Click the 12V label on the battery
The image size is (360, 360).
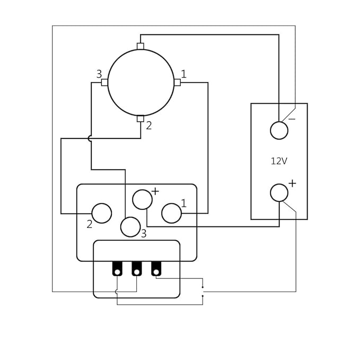279,161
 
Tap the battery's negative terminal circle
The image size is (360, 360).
279,130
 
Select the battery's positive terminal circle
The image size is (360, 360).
279,193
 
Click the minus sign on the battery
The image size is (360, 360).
292,119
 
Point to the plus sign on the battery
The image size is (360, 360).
292,183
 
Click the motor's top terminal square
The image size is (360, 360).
141,46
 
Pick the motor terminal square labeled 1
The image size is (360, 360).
177,82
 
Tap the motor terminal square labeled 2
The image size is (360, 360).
141,119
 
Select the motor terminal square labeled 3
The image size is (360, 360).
104,82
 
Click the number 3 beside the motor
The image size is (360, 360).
99,74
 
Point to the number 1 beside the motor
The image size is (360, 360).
183,74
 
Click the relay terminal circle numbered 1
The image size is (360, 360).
171,213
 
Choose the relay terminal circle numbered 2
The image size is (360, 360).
102,213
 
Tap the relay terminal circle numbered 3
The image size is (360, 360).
130,227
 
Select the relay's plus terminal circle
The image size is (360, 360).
142,199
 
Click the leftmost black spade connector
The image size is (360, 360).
117,269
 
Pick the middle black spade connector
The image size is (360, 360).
137,269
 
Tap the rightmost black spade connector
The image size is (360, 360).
156,269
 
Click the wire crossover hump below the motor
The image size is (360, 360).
91,138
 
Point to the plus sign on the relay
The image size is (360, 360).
155,191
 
